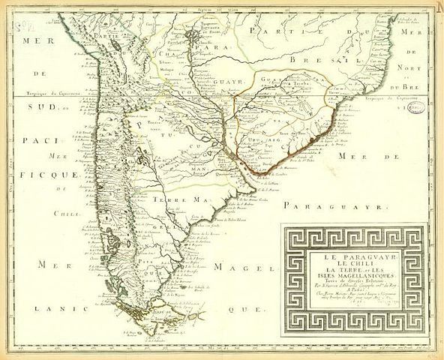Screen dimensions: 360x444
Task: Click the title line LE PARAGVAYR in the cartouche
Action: (x=351, y=258)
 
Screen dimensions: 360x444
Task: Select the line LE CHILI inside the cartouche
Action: (x=351, y=265)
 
